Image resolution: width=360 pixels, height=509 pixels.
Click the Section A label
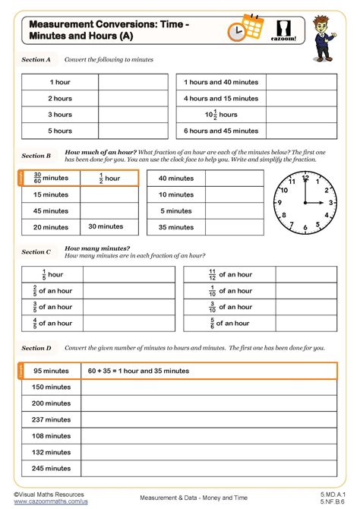pyautogui.click(x=36, y=58)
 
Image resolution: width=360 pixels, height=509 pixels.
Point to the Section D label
pyautogui.click(x=36, y=347)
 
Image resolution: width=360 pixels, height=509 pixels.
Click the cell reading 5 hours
pyautogui.click(x=60, y=131)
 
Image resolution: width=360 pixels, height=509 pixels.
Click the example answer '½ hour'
pyautogui.click(x=110, y=178)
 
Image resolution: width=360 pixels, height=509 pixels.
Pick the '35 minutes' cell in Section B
pyautogui.click(x=175, y=226)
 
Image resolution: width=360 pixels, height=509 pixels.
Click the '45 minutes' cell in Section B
pyautogui.click(x=51, y=210)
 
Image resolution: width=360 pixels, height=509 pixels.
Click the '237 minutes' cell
pyautogui.click(x=51, y=420)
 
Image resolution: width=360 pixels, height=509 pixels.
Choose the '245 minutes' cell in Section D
pyautogui.click(x=51, y=469)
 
